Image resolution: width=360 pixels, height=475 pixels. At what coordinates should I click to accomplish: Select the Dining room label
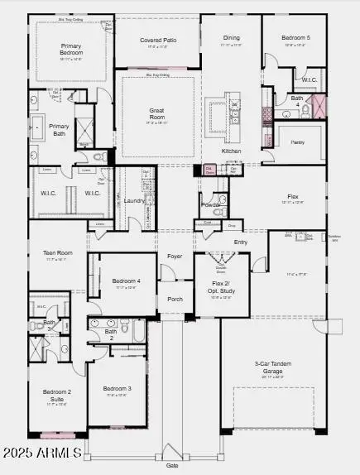(231, 37)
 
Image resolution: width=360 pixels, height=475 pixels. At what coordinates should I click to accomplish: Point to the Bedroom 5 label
(295, 37)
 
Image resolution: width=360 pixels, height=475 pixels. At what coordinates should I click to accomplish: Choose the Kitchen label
(231, 151)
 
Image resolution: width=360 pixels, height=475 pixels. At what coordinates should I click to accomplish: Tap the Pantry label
(298, 142)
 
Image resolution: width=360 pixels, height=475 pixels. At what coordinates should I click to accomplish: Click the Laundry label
(135, 200)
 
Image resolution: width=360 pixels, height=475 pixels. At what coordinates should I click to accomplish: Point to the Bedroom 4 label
(127, 281)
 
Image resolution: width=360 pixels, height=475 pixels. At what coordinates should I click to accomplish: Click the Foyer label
(175, 257)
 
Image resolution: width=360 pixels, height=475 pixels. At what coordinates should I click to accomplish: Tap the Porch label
(175, 298)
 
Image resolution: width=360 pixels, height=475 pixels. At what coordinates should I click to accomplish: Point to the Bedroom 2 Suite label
(57, 396)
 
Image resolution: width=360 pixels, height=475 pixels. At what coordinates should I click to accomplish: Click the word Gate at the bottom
(172, 466)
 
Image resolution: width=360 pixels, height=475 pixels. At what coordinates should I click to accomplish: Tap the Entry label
(241, 242)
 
